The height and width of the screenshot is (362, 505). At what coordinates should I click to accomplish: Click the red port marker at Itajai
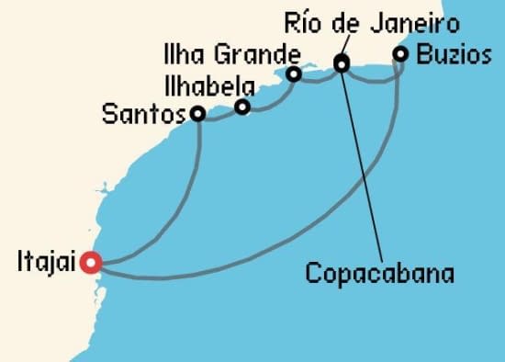pyautogui.click(x=90, y=263)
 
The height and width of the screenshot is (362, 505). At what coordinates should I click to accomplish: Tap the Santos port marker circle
pyautogui.click(x=197, y=114)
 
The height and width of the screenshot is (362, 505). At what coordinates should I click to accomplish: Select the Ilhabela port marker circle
pyautogui.click(x=242, y=107)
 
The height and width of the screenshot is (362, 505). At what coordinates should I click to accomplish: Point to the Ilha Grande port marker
pyautogui.click(x=294, y=74)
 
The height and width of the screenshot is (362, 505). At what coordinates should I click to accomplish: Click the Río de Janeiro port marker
pyautogui.click(x=342, y=63)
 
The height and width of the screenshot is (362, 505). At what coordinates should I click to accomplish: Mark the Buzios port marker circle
pyautogui.click(x=400, y=54)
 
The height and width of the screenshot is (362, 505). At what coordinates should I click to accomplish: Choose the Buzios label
pyautogui.click(x=453, y=53)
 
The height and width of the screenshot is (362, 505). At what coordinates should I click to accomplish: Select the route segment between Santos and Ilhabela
pyautogui.click(x=219, y=115)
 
